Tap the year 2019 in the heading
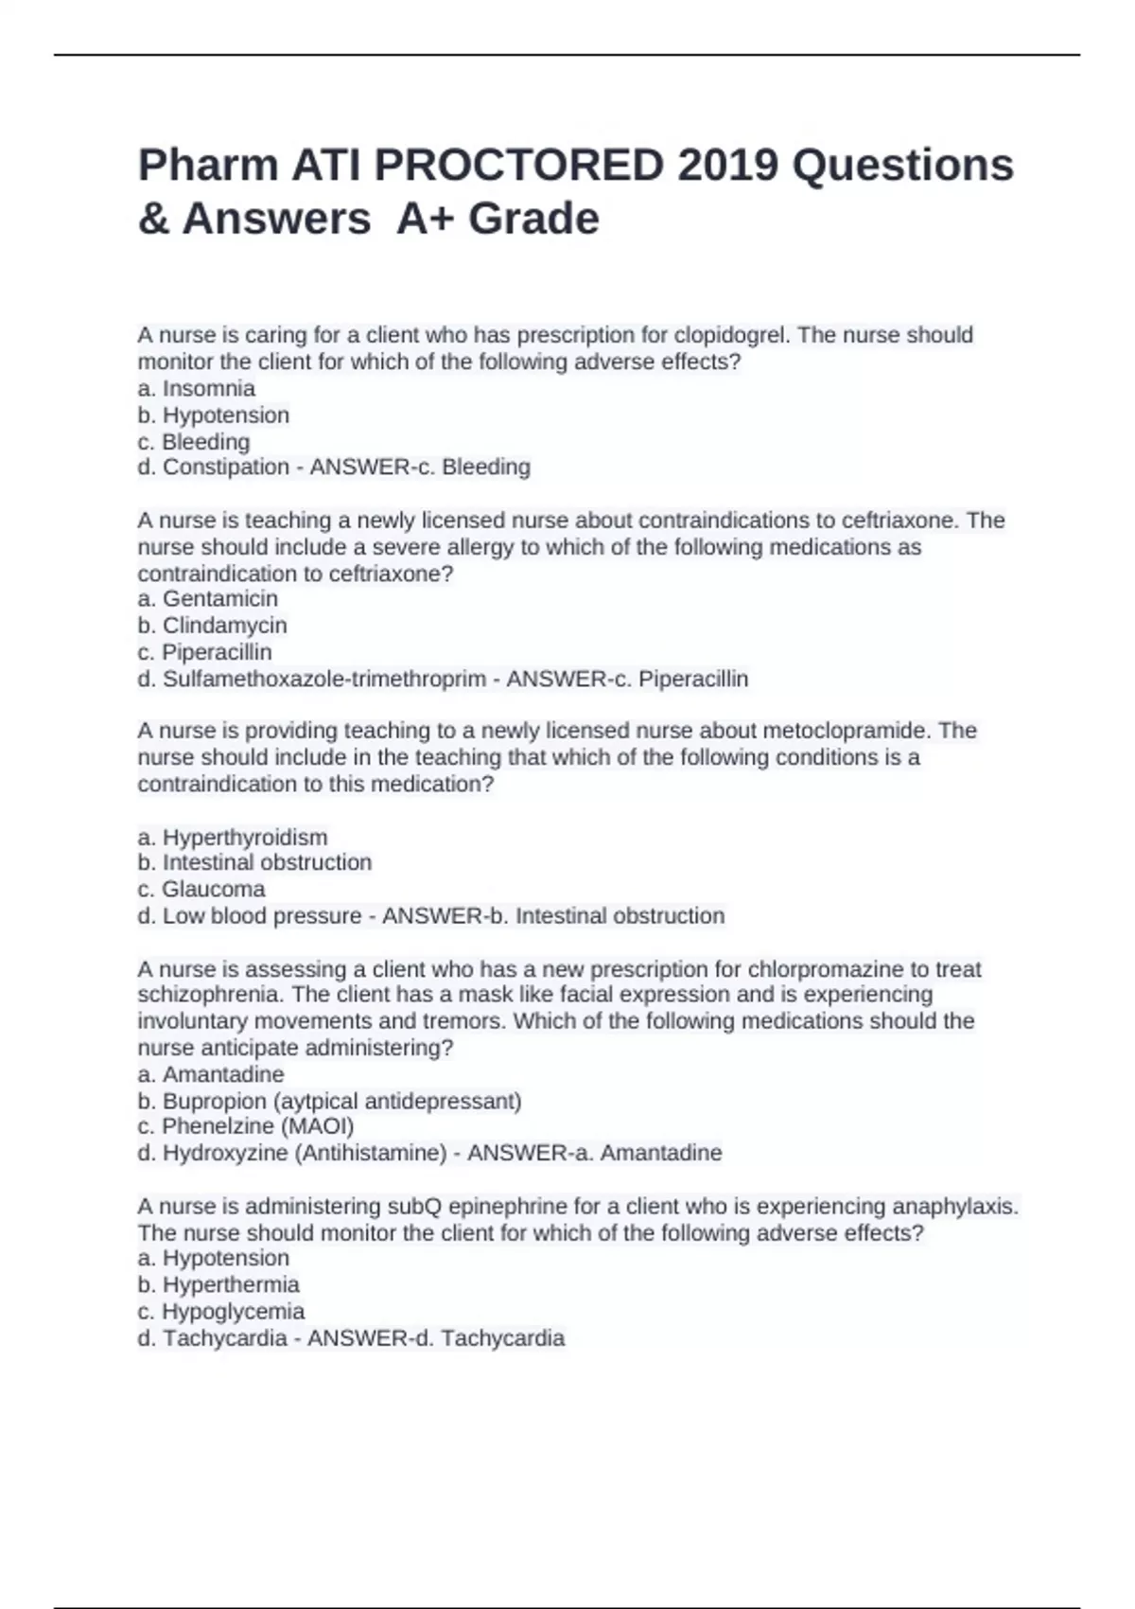pyautogui.click(x=727, y=166)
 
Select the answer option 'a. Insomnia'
pyautogui.click(x=197, y=388)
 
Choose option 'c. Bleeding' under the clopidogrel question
pyautogui.click(x=194, y=441)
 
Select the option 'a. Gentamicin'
pyautogui.click(x=208, y=598)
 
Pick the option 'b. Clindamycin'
pyautogui.click(x=213, y=625)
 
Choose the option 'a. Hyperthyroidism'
pyautogui.click(x=233, y=837)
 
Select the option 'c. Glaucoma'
pyautogui.click(x=201, y=889)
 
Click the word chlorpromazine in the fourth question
pyautogui.click(x=826, y=969)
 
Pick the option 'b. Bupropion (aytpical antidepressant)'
pyautogui.click(x=330, y=1101)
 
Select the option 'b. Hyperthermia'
pyautogui.click(x=218, y=1284)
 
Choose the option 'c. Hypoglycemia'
pyautogui.click(x=221, y=1311)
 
